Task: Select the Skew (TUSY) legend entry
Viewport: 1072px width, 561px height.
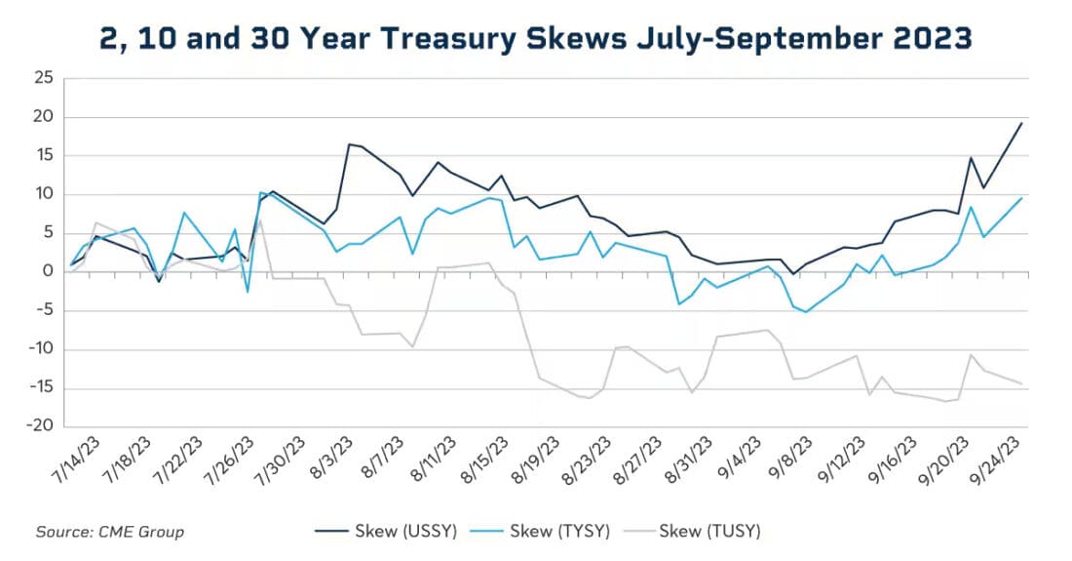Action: click(708, 532)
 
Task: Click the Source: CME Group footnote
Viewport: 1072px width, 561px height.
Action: click(109, 532)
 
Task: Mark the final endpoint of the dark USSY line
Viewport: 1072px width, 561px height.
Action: click(1021, 123)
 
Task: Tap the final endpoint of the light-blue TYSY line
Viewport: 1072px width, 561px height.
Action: click(1021, 198)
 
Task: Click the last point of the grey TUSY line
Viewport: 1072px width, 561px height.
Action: click(1021, 383)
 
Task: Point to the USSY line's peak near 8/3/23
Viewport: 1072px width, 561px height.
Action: click(349, 144)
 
